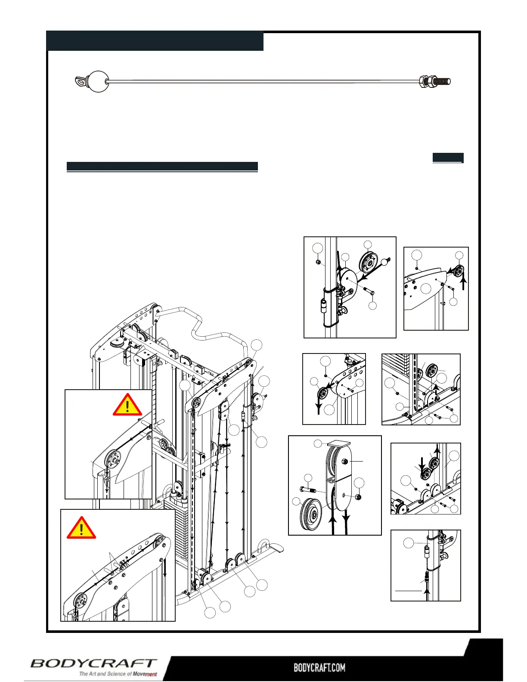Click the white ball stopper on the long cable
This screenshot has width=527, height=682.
click(x=98, y=81)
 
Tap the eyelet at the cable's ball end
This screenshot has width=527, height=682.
click(x=81, y=81)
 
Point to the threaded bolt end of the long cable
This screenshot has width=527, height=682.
click(x=441, y=81)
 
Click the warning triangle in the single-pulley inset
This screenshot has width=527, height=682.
click(x=127, y=405)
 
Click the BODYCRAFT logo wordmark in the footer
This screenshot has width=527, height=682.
click(x=93, y=663)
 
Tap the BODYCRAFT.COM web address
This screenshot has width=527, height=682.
click(x=319, y=668)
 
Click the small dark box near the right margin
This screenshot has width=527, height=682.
click(x=448, y=158)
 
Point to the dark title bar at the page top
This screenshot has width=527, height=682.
click(x=155, y=41)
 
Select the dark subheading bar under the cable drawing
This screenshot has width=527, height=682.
click(x=162, y=167)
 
